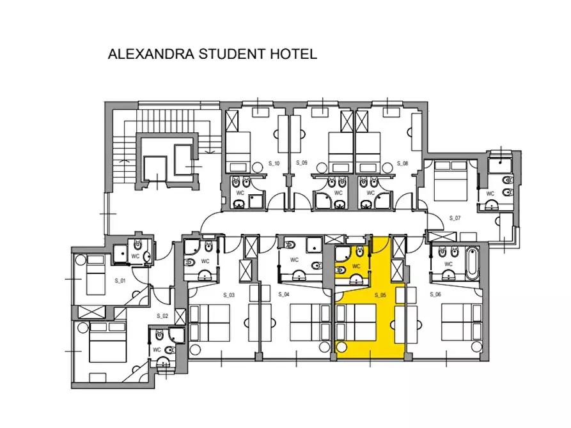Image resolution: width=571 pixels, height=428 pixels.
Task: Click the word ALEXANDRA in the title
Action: click(151, 54)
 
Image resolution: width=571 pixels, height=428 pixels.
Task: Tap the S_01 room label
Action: click(120, 280)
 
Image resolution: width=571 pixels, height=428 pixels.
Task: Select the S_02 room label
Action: click(162, 316)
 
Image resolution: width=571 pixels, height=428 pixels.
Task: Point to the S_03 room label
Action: click(229, 294)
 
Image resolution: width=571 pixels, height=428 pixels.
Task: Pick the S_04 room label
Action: click(284, 294)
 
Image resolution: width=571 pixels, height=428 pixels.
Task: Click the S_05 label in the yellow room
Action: click(380, 295)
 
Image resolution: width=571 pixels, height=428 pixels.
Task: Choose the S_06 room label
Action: click(435, 294)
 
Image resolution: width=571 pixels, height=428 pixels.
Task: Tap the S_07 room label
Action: click(455, 218)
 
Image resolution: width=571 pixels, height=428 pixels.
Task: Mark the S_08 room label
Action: click(402, 164)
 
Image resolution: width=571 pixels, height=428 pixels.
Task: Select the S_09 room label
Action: click(302, 163)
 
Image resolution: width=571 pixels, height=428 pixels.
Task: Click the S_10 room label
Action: click(274, 164)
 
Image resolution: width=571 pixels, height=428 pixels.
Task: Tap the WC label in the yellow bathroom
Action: click(356, 266)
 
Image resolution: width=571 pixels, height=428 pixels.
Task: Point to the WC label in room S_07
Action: click(490, 194)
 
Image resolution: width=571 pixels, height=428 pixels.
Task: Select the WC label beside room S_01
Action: click(135, 256)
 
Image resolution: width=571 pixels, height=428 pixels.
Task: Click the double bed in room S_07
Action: click(450, 181)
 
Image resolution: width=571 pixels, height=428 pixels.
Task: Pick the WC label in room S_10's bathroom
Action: click(240, 192)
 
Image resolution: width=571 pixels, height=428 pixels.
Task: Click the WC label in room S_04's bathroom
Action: click(294, 260)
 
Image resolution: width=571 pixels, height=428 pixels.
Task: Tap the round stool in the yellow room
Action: click(341, 347)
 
